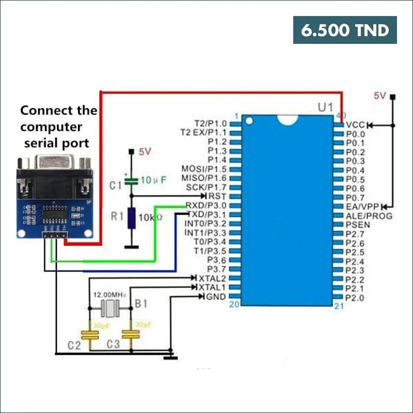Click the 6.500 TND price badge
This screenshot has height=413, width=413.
point(345,30)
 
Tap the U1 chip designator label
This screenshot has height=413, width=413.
point(325,108)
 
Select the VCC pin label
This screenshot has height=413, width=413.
point(355,125)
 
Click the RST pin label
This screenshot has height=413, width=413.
point(217,196)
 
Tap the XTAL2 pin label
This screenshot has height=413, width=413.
point(212,278)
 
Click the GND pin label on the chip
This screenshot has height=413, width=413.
point(215,297)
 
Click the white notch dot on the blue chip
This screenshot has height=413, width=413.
point(250,122)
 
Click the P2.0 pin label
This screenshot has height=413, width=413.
point(355,298)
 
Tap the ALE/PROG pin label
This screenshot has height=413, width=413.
point(369,215)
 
